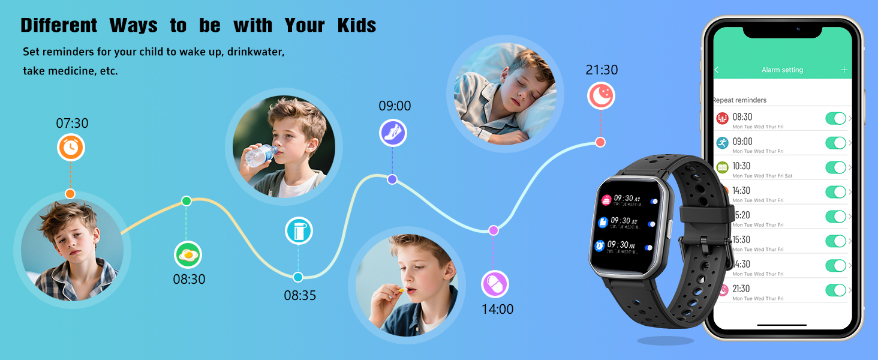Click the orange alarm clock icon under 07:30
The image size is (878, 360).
click(71, 148)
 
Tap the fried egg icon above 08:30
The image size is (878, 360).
click(188, 255)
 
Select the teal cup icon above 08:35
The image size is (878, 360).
click(299, 231)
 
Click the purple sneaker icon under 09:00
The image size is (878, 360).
click(393, 133)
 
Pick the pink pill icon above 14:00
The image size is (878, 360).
click(495, 284)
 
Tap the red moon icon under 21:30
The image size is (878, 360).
click(601, 96)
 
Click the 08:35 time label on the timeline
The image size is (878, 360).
click(300, 295)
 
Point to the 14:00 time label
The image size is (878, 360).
click(498, 310)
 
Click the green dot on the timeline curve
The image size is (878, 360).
click(187, 200)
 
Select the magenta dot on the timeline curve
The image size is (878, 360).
click(494, 230)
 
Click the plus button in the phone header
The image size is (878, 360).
click(844, 70)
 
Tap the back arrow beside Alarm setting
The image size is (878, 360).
click(717, 70)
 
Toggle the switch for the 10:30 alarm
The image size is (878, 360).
click(835, 167)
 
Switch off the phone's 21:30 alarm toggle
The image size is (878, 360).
click(835, 290)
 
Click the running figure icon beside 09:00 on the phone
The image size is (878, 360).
click(722, 143)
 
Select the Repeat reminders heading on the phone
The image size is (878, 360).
click(740, 100)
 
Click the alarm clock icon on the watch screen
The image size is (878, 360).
click(600, 245)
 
